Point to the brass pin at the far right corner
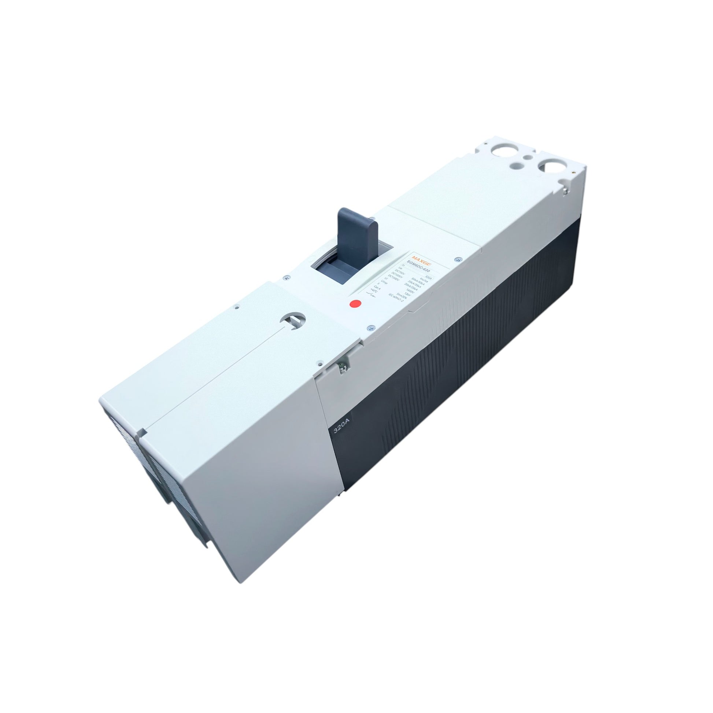(573, 171)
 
